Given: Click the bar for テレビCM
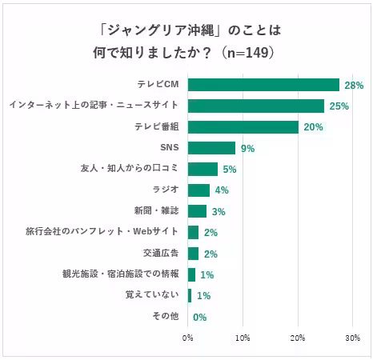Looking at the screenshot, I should click(264, 85).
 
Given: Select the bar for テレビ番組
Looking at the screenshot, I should click(243, 127).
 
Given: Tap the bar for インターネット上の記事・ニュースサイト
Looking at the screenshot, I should click(256, 106).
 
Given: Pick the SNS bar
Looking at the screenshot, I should click(212, 148).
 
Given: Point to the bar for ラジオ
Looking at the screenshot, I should click(199, 190).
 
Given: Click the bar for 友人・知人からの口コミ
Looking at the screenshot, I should click(203, 169).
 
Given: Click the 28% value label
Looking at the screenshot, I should click(354, 85).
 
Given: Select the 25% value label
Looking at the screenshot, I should click(338, 106).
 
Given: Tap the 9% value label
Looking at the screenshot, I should click(247, 149).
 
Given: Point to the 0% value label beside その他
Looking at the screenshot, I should click(200, 317).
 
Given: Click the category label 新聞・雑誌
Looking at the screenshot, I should click(156, 211).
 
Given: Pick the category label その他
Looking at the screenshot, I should click(165, 316).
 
